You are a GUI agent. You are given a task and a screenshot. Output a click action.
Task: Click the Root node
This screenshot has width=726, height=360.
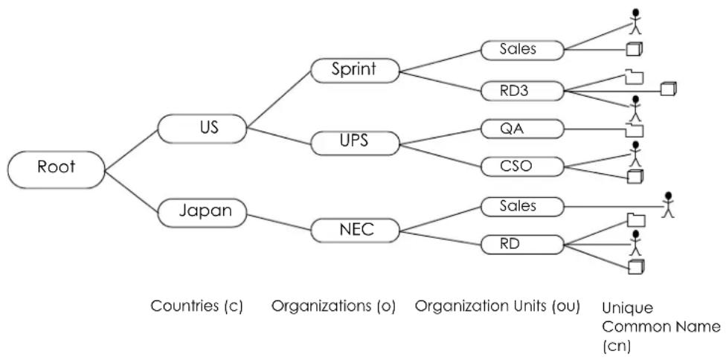pos(56,170)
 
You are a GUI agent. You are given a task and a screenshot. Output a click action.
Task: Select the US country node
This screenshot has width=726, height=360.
pos(202,128)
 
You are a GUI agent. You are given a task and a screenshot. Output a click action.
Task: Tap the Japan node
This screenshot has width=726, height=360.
pos(202,213)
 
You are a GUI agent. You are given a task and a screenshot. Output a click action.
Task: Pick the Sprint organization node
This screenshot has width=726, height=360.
pos(355,71)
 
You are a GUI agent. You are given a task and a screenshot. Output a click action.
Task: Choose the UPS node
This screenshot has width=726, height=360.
pos(355,143)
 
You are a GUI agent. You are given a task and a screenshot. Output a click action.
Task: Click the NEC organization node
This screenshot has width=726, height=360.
pos(355,231)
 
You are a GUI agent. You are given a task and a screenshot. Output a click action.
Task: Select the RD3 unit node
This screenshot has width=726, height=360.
pos(522,91)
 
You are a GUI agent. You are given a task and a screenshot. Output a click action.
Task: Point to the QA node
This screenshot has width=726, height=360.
pos(522,129)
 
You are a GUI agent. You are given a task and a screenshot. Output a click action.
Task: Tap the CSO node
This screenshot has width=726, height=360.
pos(522,167)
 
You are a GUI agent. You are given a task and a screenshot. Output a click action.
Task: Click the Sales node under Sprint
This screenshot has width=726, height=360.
pos(522,50)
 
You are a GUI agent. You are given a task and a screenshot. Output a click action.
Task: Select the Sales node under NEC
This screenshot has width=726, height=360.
pos(522,206)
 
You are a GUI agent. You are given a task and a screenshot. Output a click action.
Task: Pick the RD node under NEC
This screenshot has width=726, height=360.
pos(522,244)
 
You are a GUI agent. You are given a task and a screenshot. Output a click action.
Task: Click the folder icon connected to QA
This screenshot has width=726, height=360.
pos(635,130)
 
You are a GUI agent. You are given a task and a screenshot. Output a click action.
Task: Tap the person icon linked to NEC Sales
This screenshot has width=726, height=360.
pos(667,204)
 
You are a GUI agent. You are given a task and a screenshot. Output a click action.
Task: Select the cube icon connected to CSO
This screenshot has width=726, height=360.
pos(635,177)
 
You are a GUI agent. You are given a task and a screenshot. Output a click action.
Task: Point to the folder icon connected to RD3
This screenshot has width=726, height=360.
pos(635,77)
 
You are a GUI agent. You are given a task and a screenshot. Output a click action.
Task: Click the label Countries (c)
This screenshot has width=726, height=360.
pos(197,306)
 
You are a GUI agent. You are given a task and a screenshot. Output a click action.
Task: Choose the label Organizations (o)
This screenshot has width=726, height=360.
pos(333,306)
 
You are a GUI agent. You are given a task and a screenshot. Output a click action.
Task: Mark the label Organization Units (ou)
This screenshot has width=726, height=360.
pos(498,306)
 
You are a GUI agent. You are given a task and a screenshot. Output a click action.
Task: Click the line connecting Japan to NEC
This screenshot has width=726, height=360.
pos(278,222)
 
